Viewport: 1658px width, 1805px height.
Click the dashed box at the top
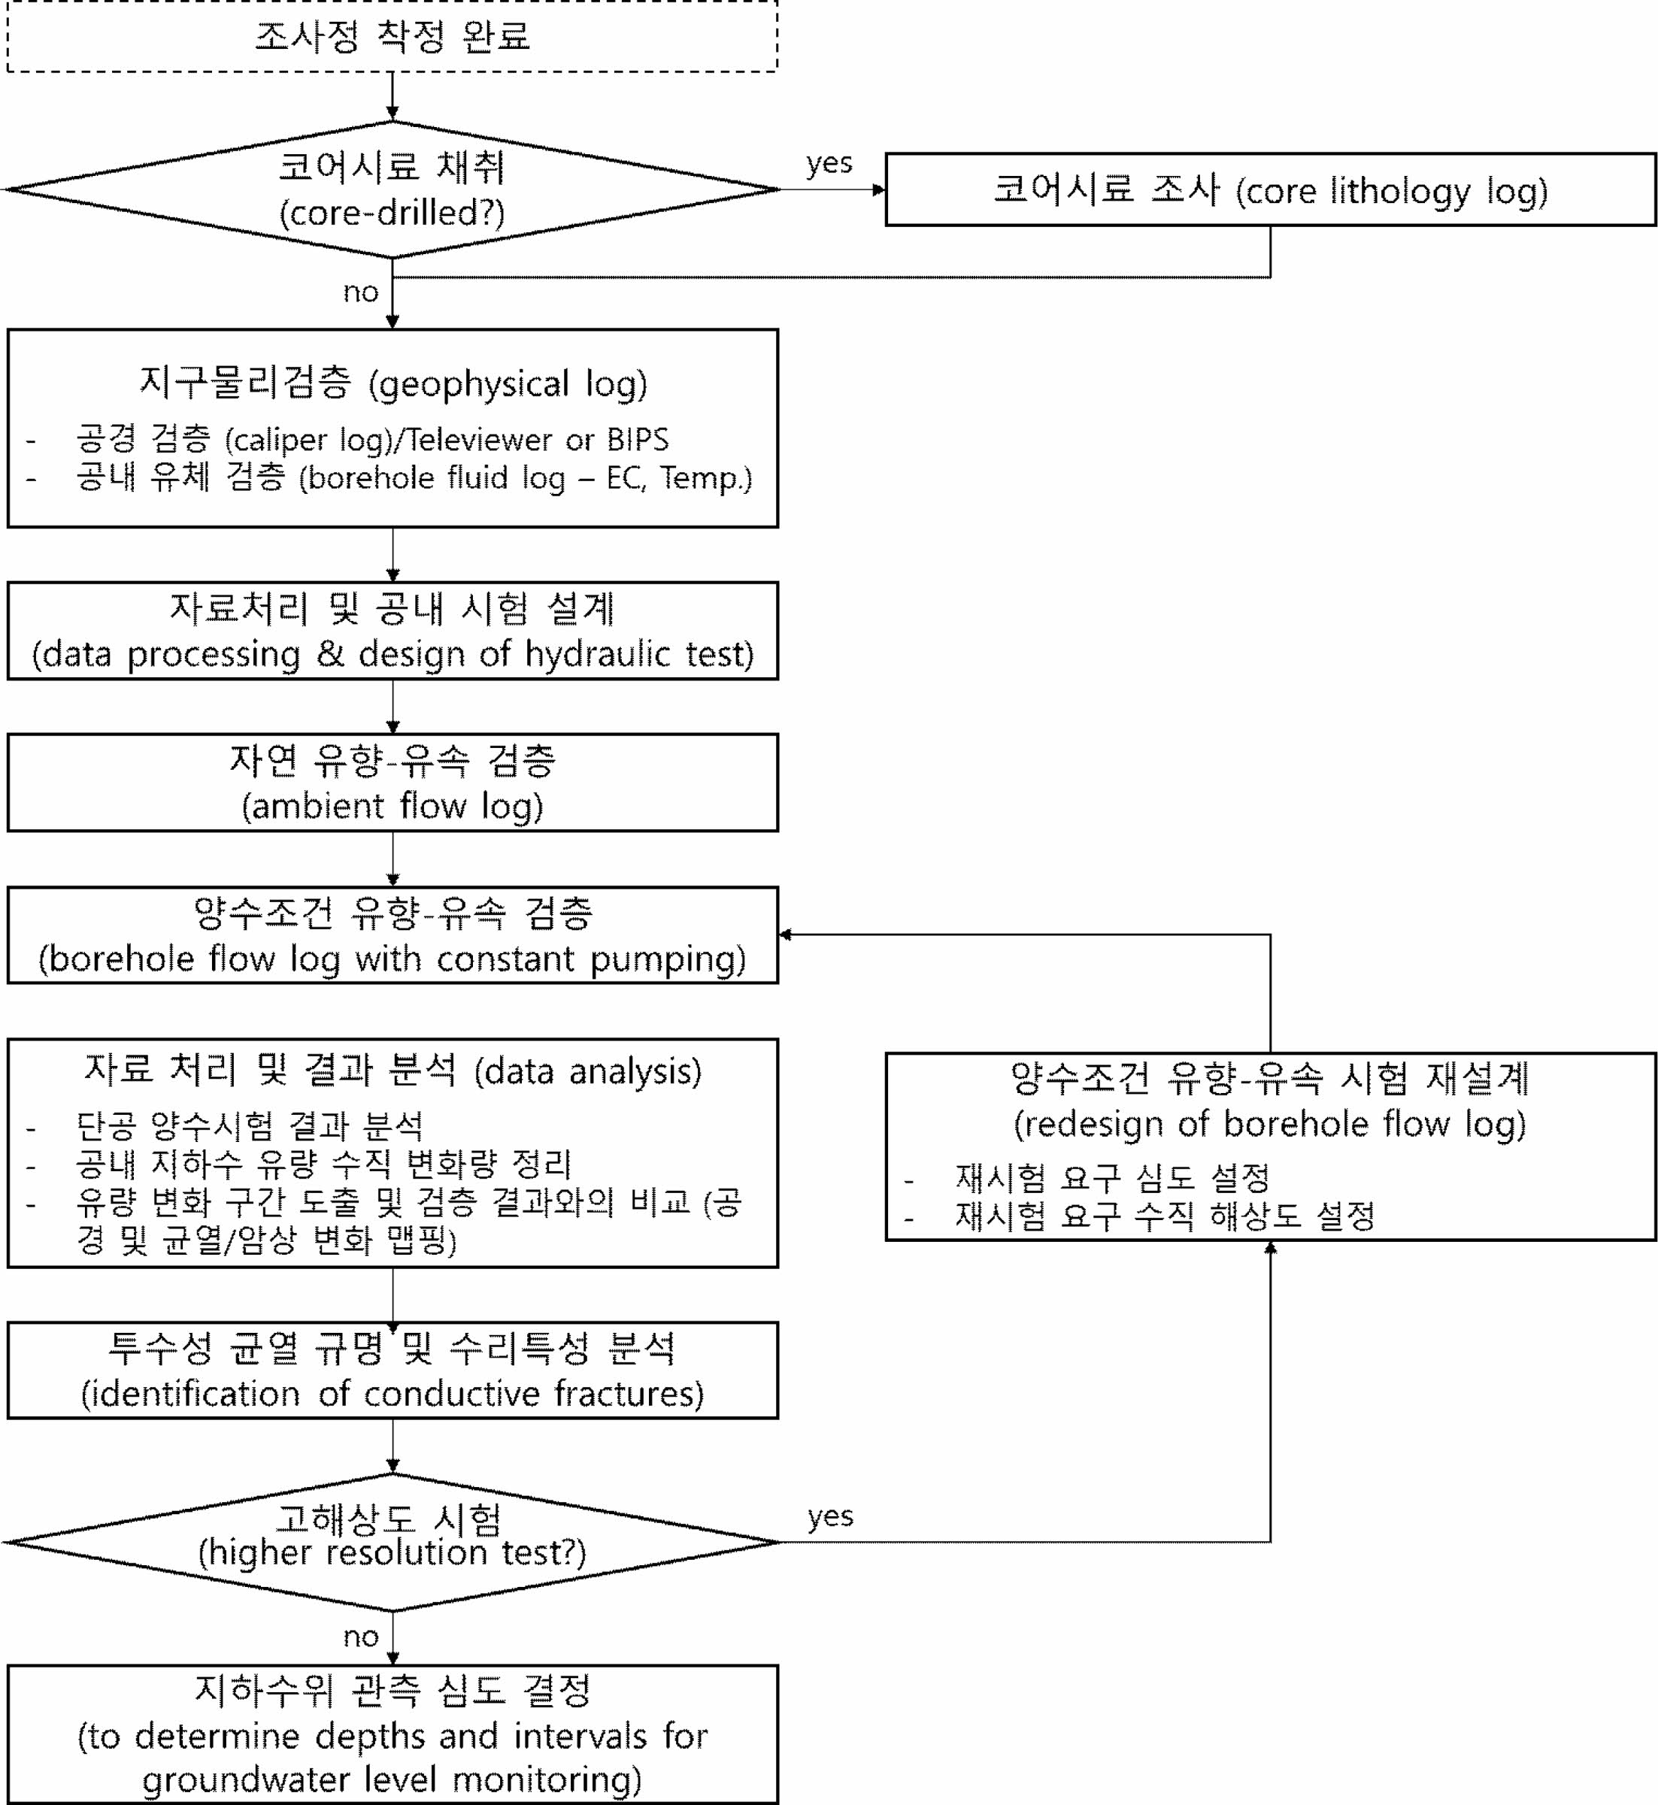(392, 36)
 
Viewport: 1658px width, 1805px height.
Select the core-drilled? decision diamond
(392, 189)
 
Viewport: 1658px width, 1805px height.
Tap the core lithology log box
(1269, 189)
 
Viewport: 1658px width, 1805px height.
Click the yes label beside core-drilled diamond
(829, 163)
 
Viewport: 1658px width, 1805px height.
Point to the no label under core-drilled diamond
(361, 292)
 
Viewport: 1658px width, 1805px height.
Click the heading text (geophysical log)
(508, 384)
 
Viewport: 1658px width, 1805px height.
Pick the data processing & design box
(392, 631)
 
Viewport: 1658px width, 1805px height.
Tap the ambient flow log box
(392, 783)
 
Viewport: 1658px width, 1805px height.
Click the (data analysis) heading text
(588, 1071)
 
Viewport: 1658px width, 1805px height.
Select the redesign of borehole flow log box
(1269, 1146)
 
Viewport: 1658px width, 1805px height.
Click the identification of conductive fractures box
(392, 1370)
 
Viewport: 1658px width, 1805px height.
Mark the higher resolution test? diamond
(392, 1542)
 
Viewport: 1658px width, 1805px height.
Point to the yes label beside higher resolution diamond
(830, 1516)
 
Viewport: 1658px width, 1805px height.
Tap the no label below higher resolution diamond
(361, 1637)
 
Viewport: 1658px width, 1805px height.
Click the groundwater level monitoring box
(392, 1735)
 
